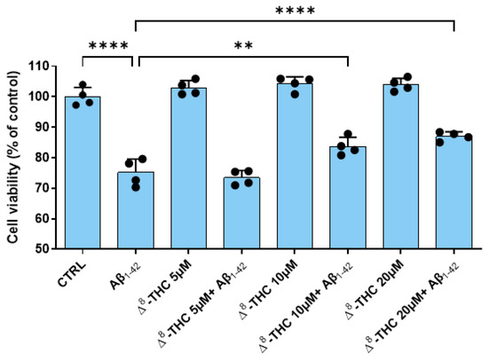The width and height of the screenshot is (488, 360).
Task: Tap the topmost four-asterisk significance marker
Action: pyautogui.click(x=295, y=10)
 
